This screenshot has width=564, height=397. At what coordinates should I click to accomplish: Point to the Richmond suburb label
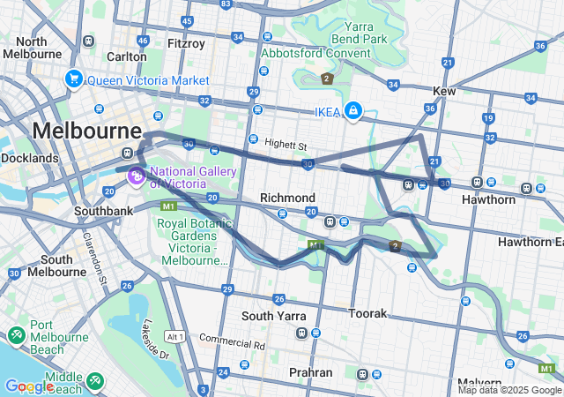coord(287,197)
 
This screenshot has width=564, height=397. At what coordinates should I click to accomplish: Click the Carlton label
coord(127,56)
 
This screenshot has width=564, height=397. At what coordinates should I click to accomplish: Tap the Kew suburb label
coord(444,92)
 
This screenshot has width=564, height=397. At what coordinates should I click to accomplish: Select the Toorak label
coord(367,313)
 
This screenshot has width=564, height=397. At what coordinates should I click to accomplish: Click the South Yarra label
coord(274,315)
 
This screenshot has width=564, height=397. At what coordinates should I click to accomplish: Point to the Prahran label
coord(311,372)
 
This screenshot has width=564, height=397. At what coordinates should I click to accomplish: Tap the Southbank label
coord(103,212)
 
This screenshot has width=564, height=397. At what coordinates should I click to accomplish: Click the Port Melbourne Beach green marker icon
coord(16,337)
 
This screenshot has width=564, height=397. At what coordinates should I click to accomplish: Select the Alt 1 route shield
coord(174,336)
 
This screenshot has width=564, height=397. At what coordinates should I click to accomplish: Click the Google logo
coord(29,386)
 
